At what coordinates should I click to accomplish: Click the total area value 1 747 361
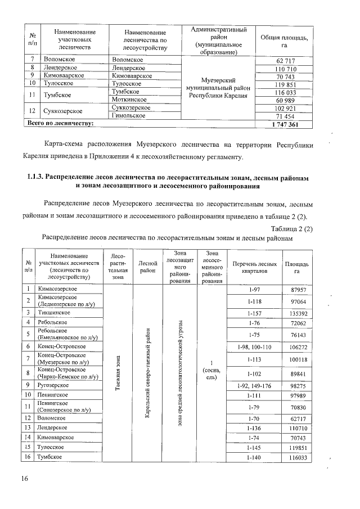point(286,124)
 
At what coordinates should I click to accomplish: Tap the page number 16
point(25,479)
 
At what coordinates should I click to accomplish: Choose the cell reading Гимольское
point(129,115)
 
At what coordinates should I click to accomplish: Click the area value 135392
point(296,312)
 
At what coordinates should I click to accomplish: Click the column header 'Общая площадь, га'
point(285,40)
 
